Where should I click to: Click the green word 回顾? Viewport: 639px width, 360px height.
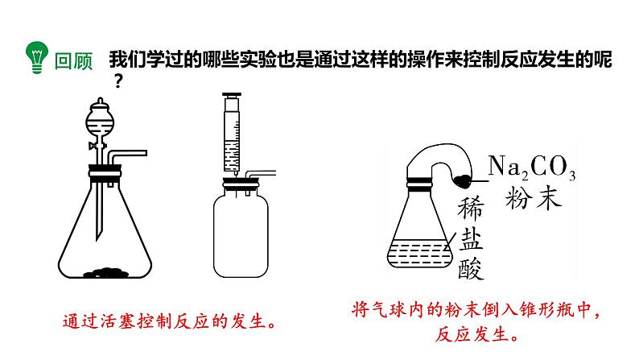click(x=73, y=60)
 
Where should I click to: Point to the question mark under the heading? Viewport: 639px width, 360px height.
click(x=120, y=81)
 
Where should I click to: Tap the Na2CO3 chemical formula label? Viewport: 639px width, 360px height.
click(x=532, y=168)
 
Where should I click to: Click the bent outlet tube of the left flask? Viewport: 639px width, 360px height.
click(x=129, y=153)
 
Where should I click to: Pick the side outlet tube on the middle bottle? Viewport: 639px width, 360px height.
click(x=262, y=174)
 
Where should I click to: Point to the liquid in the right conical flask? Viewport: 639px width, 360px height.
click(x=416, y=254)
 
